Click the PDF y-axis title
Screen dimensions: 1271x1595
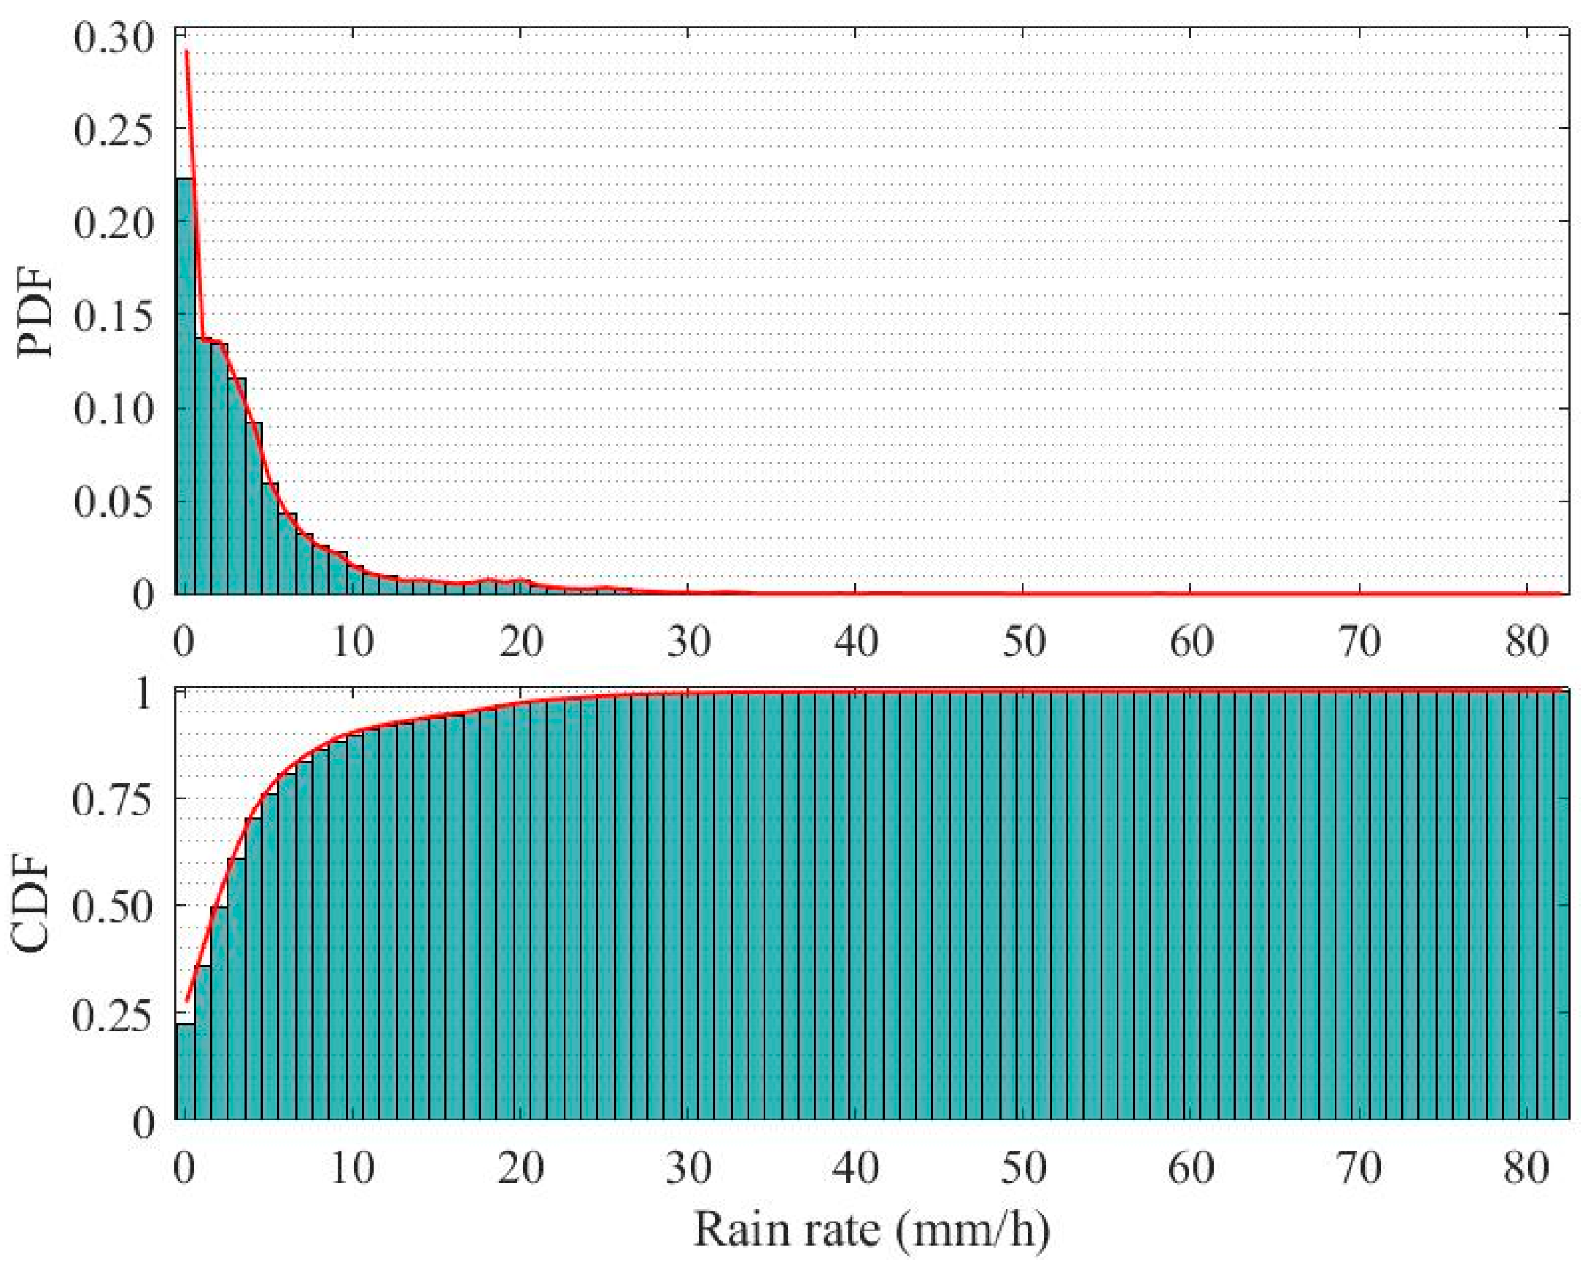point(36,312)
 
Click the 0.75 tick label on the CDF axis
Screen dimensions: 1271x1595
point(112,800)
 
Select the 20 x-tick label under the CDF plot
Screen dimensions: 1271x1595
point(521,1168)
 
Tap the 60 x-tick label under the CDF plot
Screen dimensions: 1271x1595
point(1192,1168)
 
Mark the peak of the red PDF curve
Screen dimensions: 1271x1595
point(186,52)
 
